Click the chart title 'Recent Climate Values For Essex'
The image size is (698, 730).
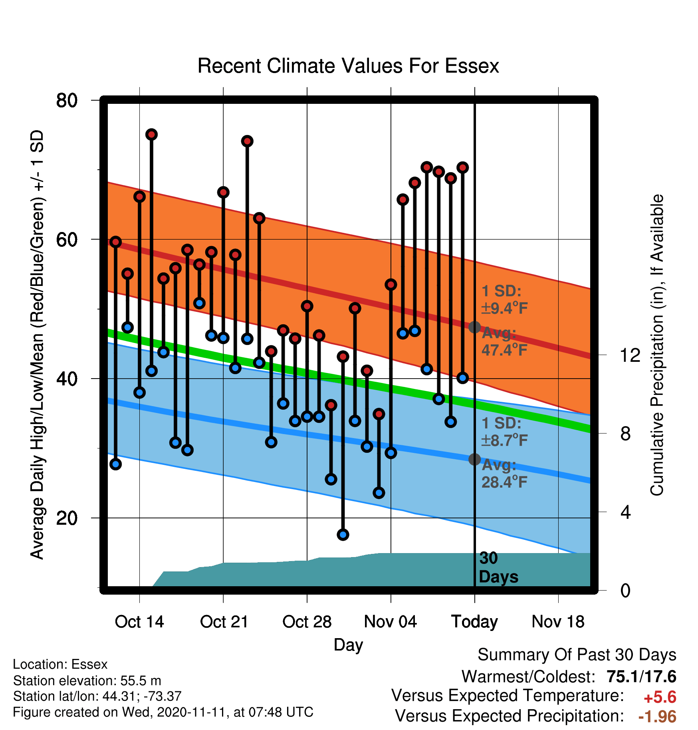click(x=348, y=66)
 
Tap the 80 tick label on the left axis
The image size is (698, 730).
click(x=67, y=100)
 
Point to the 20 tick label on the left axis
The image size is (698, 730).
click(x=67, y=518)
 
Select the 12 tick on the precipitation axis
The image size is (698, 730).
click(x=630, y=355)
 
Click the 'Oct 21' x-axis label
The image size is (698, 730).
click(x=224, y=622)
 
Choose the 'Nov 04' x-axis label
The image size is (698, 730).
click(x=391, y=622)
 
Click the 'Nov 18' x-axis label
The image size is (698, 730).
click(x=558, y=622)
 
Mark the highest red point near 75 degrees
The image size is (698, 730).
click(x=151, y=135)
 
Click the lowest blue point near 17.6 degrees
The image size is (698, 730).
click(x=343, y=534)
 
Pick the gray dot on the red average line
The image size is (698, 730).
click(x=474, y=327)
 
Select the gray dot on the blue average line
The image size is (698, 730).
click(x=474, y=459)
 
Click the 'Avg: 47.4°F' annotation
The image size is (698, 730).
click(x=504, y=341)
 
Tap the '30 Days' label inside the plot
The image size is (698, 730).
click(x=498, y=567)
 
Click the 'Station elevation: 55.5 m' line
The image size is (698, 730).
click(x=87, y=680)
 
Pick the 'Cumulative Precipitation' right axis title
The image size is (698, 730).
click(x=656, y=345)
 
